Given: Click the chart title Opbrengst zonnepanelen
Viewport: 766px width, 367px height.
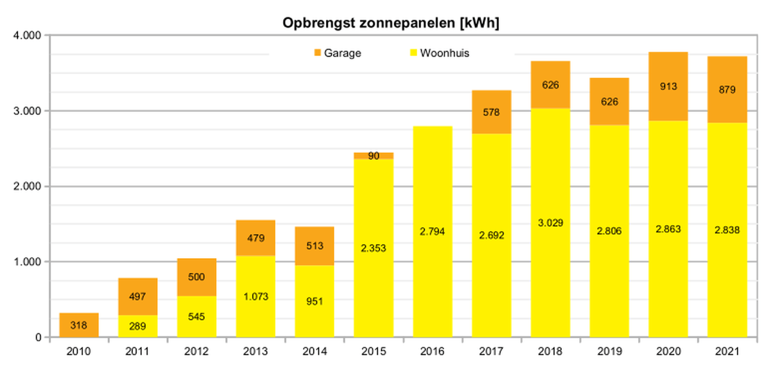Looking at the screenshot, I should click(390, 23).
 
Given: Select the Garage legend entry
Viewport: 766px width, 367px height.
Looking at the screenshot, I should click(337, 53).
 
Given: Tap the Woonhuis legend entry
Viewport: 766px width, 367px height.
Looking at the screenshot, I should click(440, 53).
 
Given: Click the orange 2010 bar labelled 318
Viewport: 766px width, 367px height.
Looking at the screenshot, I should click(79, 325).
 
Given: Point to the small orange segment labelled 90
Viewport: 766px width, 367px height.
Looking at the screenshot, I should click(374, 156).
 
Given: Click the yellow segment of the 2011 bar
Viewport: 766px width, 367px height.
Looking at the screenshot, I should click(138, 326).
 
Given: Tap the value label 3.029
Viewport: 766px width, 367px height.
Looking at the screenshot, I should click(550, 223).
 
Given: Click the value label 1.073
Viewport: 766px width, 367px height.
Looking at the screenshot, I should click(256, 297).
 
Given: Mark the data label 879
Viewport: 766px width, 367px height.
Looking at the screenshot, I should click(727, 90).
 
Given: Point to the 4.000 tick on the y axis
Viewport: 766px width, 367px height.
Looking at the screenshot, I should click(27, 36).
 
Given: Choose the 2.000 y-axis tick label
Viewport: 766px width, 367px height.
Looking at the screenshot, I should click(27, 186).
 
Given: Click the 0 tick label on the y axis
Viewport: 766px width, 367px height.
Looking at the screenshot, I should click(38, 337).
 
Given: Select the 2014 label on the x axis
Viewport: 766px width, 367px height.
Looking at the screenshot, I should click(314, 352).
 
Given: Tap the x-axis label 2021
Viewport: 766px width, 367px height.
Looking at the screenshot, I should click(727, 352).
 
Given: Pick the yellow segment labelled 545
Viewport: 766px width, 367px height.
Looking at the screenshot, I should click(196, 316).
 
